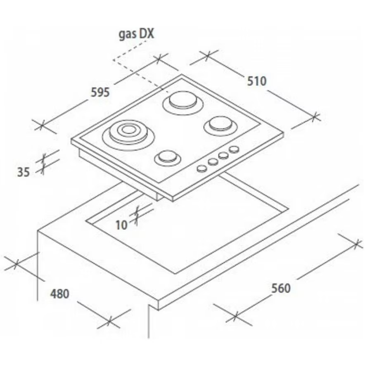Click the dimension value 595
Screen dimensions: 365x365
pyautogui.click(x=100, y=92)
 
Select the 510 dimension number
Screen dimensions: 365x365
pyautogui.click(x=256, y=81)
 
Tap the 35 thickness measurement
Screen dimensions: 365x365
pyautogui.click(x=24, y=172)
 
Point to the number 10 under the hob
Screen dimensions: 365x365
pyautogui.click(x=121, y=225)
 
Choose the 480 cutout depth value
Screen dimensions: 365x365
pyautogui.click(x=60, y=294)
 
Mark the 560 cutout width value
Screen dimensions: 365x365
pyautogui.click(x=281, y=288)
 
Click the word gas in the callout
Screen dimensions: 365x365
pyautogui.click(x=127, y=35)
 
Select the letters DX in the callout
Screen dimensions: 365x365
pyautogui.click(x=147, y=33)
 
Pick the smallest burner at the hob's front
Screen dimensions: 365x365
pyautogui.click(x=167, y=158)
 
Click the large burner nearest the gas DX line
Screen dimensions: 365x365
pyautogui.click(x=183, y=103)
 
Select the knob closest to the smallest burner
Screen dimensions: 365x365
pyautogui.click(x=202, y=168)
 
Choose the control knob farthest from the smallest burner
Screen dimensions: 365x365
pyautogui.click(x=234, y=149)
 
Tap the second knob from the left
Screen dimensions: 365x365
pyautogui.click(x=213, y=161)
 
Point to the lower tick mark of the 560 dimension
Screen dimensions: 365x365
pyautogui.click(x=235, y=317)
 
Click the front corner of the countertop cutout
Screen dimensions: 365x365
pyautogui.click(x=175, y=274)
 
